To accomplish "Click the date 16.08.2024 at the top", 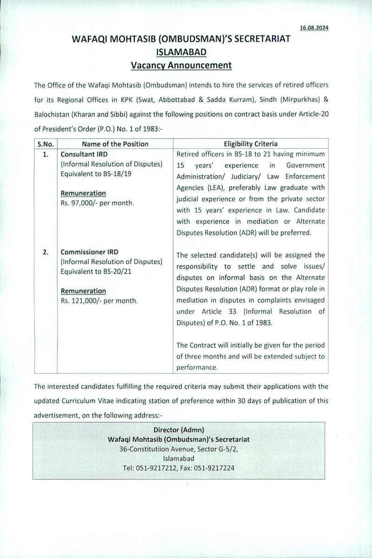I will pyautogui.click(x=314, y=28).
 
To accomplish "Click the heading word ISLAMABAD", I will pyautogui.click(x=181, y=52).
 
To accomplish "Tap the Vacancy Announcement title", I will pyautogui.click(x=181, y=65).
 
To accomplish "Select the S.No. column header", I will pyautogui.click(x=46, y=144).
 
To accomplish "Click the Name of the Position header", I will pyautogui.click(x=115, y=144).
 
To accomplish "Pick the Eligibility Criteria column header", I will pyautogui.click(x=250, y=144).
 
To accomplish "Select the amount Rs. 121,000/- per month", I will pyautogui.click(x=99, y=300).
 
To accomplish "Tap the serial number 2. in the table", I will pyautogui.click(x=46, y=252).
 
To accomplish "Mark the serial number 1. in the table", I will pyautogui.click(x=46, y=154).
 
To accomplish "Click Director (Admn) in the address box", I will pyautogui.click(x=179, y=429).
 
